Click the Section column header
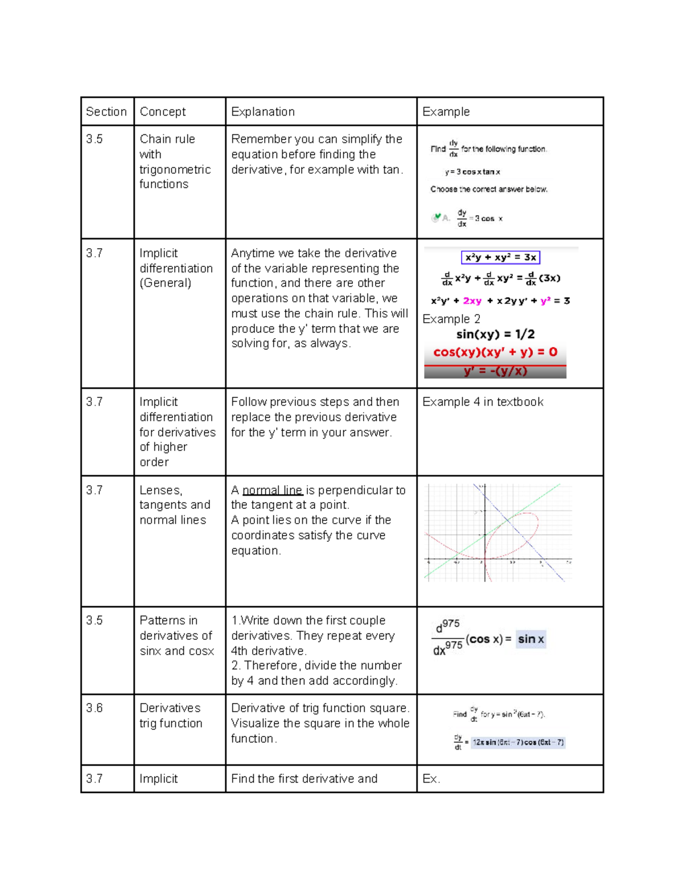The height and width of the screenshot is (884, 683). click(106, 112)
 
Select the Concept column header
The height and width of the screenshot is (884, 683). click(163, 112)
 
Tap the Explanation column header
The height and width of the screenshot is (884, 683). click(263, 112)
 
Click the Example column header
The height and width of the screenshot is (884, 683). click(446, 112)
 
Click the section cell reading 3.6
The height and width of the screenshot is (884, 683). click(94, 708)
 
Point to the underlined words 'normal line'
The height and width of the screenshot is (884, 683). click(272, 490)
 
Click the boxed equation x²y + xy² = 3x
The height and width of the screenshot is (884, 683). click(500, 257)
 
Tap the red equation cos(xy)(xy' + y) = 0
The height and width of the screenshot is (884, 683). click(495, 352)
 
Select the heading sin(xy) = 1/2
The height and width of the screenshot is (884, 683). click(495, 334)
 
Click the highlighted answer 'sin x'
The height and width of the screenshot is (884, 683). click(530, 639)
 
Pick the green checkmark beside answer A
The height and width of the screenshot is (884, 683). click(437, 217)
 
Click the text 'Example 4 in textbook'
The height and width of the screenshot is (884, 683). click(483, 402)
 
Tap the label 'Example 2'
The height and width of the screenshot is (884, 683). click(451, 319)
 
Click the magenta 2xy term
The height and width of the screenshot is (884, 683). click(472, 301)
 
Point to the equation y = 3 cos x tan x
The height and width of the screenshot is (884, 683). click(472, 171)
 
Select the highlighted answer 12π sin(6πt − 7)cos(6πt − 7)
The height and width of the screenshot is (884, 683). click(518, 742)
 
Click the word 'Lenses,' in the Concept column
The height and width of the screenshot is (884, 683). click(161, 490)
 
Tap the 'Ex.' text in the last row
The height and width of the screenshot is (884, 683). click(431, 779)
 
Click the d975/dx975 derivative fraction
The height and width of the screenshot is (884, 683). click(447, 638)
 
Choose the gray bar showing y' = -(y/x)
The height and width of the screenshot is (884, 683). click(495, 372)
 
